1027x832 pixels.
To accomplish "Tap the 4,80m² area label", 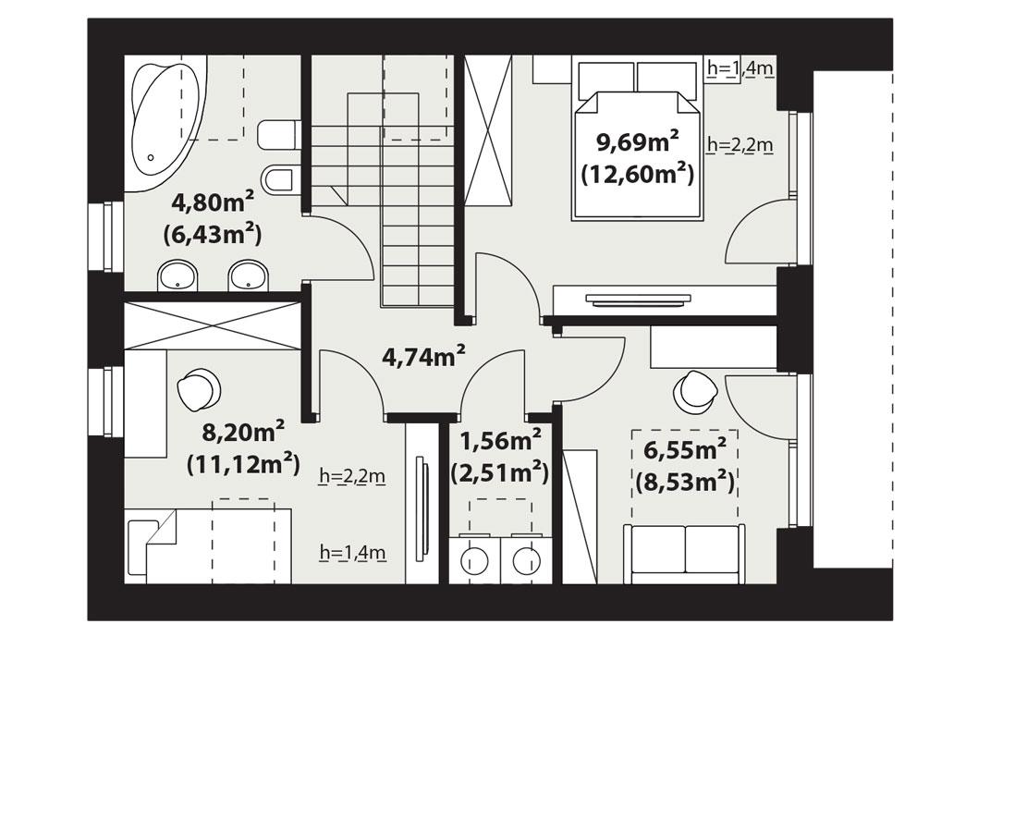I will [213, 202].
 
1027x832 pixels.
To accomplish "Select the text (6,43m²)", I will [213, 235].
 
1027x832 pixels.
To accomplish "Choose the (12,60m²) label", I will [637, 173].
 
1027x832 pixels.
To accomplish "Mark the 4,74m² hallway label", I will [423, 356].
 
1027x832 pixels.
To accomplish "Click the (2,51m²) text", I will [500, 473].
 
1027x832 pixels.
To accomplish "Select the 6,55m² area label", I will [684, 450].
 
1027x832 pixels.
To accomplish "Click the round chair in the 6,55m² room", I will [695, 392].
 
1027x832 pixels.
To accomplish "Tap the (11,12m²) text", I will [242, 463].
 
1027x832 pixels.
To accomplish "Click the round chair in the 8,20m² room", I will [199, 389].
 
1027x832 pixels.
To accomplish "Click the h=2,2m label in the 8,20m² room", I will [351, 477].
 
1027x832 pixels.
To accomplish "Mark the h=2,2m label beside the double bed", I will [740, 145].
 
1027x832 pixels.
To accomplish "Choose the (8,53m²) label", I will [684, 482].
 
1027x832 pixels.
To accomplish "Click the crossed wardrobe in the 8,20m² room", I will [213, 325].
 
